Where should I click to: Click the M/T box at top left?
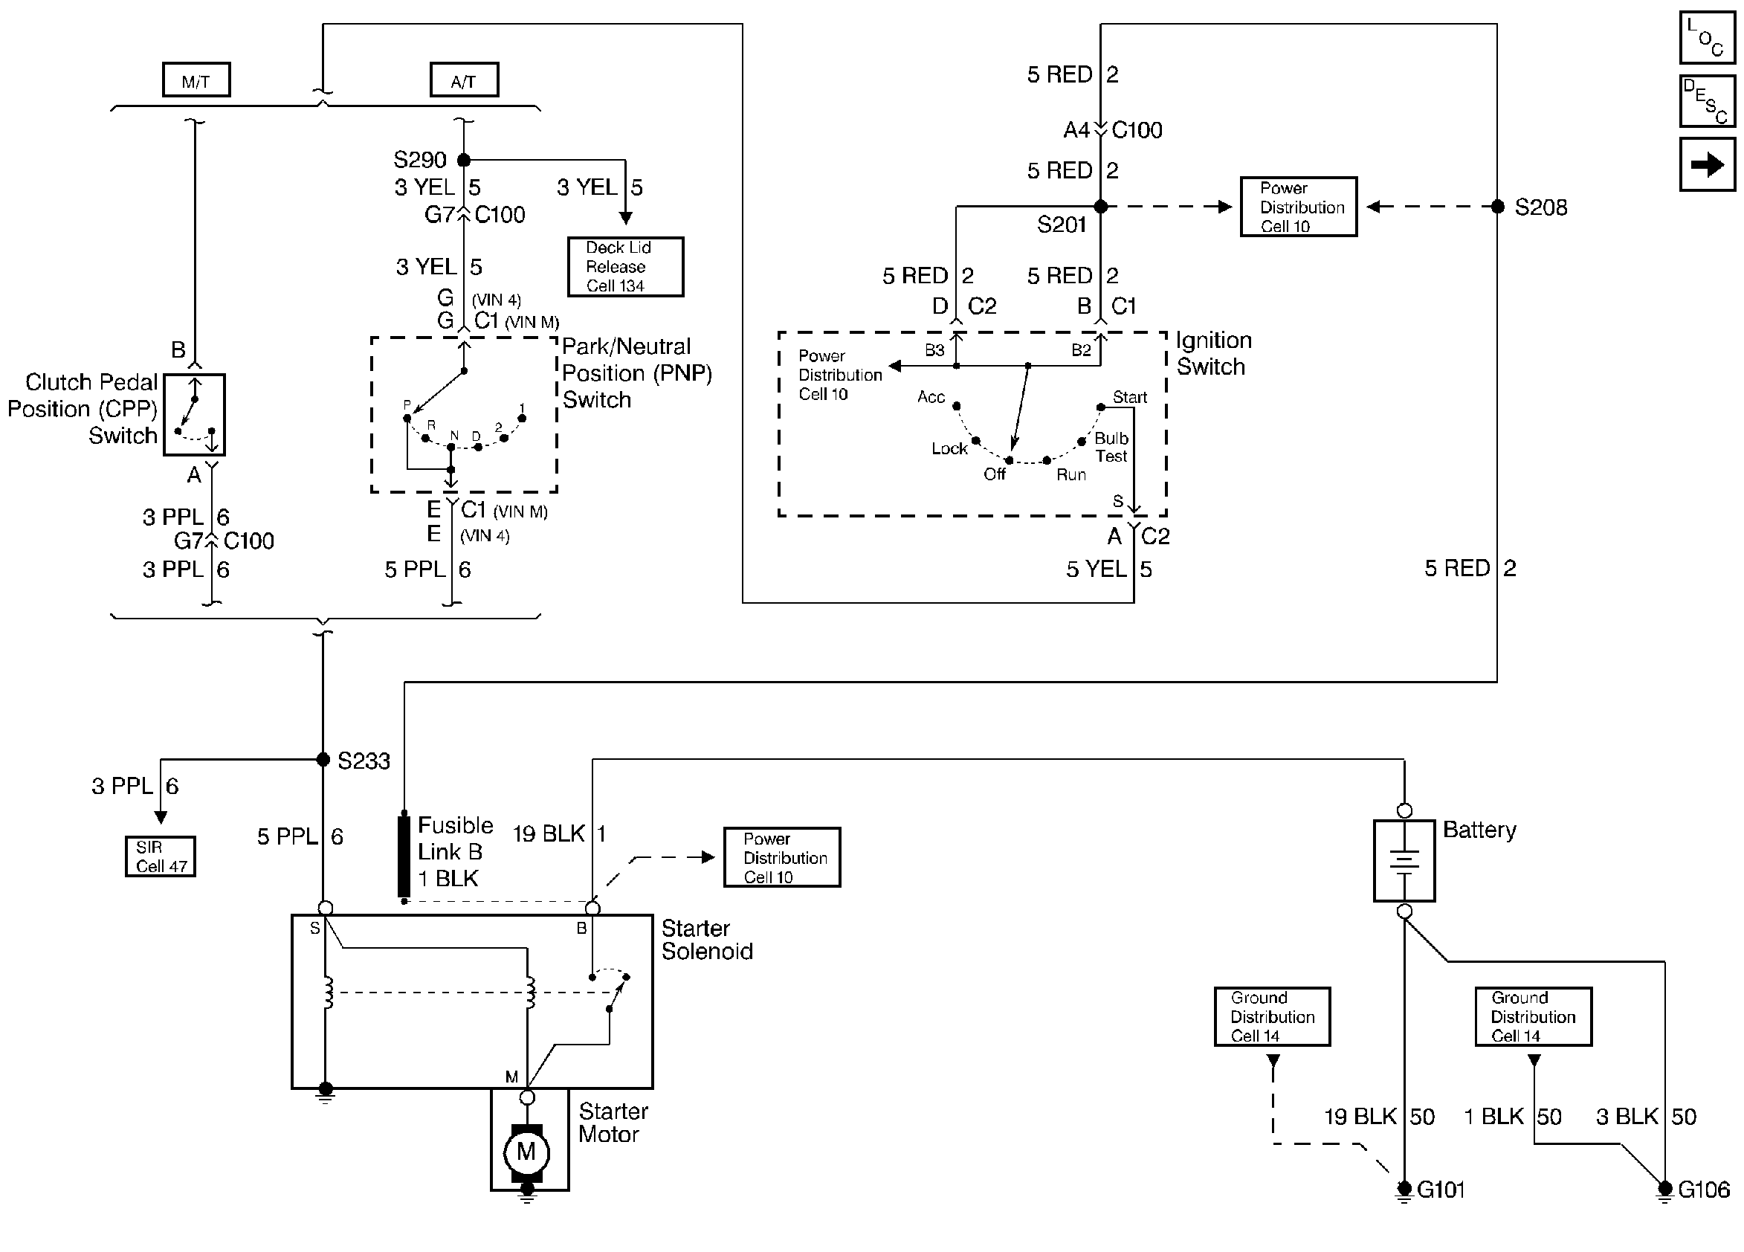pyautogui.click(x=196, y=80)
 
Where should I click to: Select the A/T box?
pyautogui.click(x=464, y=80)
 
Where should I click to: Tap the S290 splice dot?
pyautogui.click(x=464, y=160)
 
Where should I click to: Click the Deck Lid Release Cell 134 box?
pyautogui.click(x=625, y=267)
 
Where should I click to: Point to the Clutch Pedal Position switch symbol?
pyautogui.click(x=195, y=416)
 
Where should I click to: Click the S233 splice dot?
pyautogui.click(x=323, y=760)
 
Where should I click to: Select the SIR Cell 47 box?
pyautogui.click(x=160, y=856)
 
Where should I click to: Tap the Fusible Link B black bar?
pyautogui.click(x=404, y=856)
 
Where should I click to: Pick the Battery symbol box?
pyautogui.click(x=1404, y=860)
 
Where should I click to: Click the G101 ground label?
pyautogui.click(x=1440, y=1190)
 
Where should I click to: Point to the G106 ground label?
pyautogui.click(x=1703, y=1190)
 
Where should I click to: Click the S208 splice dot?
pyautogui.click(x=1497, y=207)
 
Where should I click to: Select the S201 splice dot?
pyautogui.click(x=1100, y=207)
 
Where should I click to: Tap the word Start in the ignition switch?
pyautogui.click(x=1130, y=398)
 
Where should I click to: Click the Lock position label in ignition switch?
pyautogui.click(x=949, y=448)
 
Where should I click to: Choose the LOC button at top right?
pyautogui.click(x=1707, y=38)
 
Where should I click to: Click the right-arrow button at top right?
pyautogui.click(x=1707, y=164)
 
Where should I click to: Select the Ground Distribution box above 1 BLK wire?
pyautogui.click(x=1533, y=1016)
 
